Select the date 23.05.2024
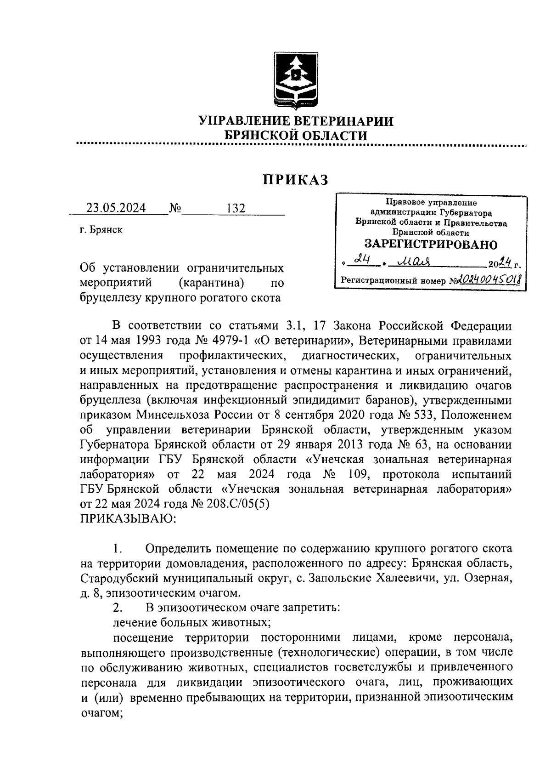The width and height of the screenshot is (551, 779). tap(116, 208)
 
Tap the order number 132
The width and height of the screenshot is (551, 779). tap(236, 208)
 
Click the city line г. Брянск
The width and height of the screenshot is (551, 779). tap(101, 230)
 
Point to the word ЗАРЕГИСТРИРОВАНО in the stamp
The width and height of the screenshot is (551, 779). tap(431, 244)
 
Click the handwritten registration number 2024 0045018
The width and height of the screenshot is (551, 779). tap(488, 279)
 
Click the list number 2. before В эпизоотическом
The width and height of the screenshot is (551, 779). tap(118, 608)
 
